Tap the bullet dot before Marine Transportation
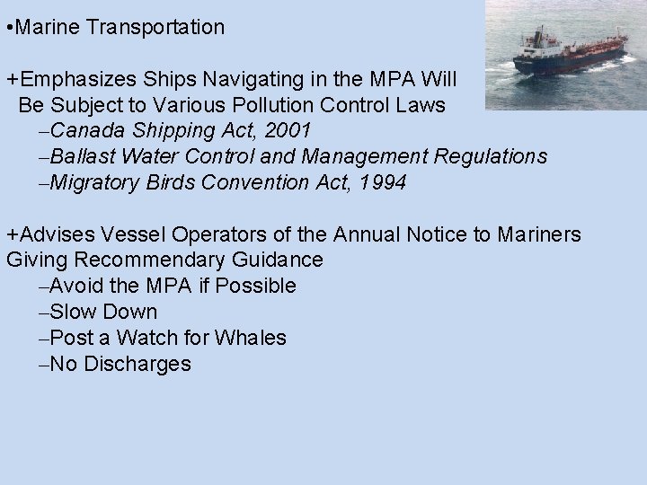click(x=8, y=28)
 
